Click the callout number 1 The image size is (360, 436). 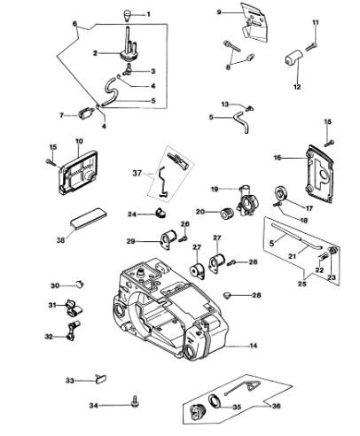[x=148, y=14]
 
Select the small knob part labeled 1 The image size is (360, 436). [x=127, y=15]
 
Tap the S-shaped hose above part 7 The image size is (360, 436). [x=111, y=91]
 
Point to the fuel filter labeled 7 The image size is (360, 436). [x=87, y=113]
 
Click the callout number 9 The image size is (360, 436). [x=219, y=12]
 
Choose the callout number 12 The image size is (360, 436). [x=297, y=87]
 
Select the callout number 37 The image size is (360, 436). [x=137, y=173]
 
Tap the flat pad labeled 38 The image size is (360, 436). [x=88, y=219]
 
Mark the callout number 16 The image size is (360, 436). [x=278, y=158]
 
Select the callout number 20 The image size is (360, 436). [x=200, y=212]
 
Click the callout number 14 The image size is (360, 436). [x=254, y=346]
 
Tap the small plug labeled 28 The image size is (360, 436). [x=227, y=294]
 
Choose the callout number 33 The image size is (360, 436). [x=69, y=381]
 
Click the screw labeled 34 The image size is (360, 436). [x=135, y=401]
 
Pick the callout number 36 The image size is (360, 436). [x=277, y=406]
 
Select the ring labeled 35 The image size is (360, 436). [x=215, y=401]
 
